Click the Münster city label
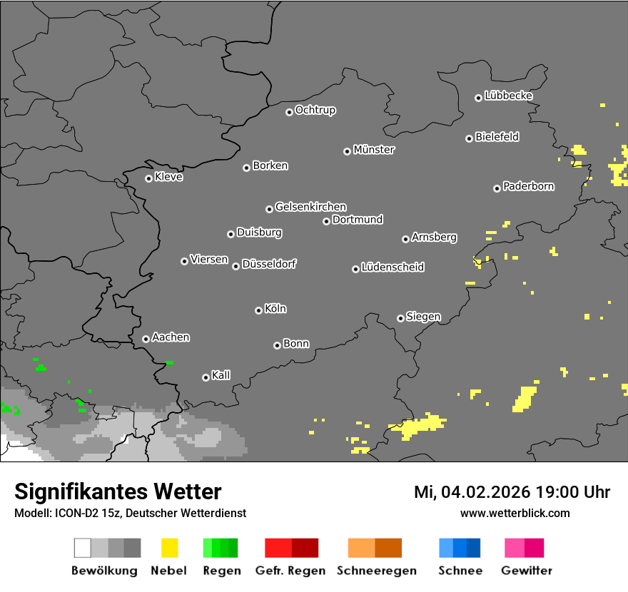point(374,150)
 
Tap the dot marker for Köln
point(258,310)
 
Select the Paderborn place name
point(529,186)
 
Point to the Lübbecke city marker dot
point(478,98)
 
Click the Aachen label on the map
point(171,337)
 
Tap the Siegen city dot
point(400,318)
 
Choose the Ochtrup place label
point(315,110)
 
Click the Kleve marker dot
point(148,178)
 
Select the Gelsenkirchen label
point(310,207)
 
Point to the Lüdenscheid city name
point(392,267)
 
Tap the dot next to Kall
point(206,377)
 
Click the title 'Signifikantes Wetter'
point(118,491)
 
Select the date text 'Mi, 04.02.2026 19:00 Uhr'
point(512,492)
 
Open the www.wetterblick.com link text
point(515,513)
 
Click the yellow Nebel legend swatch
point(169,548)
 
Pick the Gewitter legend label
point(527,571)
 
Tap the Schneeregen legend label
point(377,571)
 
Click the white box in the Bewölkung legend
point(83,548)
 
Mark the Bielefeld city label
point(497,137)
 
